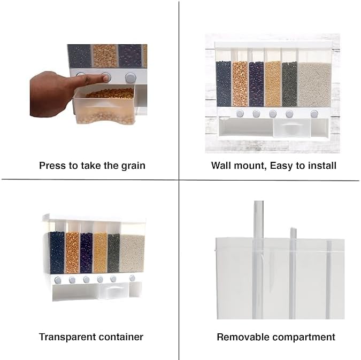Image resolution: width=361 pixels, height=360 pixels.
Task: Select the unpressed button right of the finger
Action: pyautogui.click(x=130, y=77)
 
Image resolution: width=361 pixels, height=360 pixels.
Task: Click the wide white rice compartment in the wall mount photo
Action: pyautogui.click(x=314, y=83)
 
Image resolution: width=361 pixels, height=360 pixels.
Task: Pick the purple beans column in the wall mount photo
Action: pyautogui.click(x=256, y=83)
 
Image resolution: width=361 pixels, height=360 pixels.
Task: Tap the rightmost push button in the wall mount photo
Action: pyautogui.click(x=314, y=113)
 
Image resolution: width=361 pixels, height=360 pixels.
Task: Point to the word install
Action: pyautogui.click(x=322, y=166)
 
